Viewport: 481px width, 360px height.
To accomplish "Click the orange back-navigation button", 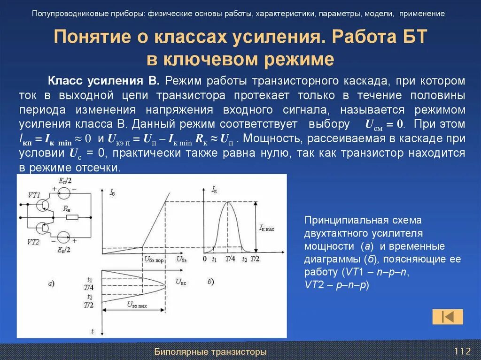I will pos(447,317).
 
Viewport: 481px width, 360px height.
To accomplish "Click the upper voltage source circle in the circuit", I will pos(64,192).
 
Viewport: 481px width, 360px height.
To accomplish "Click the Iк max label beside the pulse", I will pos(266,228).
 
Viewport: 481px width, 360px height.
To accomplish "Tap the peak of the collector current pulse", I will pos(228,202).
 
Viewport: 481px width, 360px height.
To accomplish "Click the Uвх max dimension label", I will pos(137,304).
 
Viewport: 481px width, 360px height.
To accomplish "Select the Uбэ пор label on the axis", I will pos(153,260).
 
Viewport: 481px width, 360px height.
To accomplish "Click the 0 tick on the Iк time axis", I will pos(204,259).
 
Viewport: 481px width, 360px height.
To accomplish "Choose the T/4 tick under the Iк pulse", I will pos(230,259).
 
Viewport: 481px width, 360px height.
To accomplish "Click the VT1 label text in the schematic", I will pos(33,194).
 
